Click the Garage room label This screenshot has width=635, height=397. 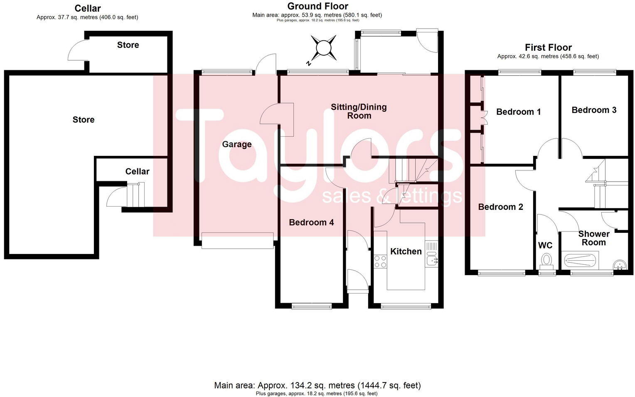[236, 144]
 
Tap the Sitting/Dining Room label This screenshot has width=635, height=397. [359, 111]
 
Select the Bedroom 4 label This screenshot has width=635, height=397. [311, 222]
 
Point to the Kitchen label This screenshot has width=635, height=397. [406, 252]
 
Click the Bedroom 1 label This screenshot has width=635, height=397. [518, 112]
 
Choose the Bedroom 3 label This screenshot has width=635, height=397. [593, 110]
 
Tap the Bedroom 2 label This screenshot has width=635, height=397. [500, 207]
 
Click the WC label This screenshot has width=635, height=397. [545, 245]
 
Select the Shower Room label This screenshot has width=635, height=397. [593, 238]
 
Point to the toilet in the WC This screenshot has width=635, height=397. [546, 261]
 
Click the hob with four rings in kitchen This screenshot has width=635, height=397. [380, 261]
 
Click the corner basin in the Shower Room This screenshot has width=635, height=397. [620, 264]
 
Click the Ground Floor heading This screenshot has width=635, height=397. [317, 6]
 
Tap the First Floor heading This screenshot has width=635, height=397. [548, 47]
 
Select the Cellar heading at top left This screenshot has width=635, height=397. [87, 8]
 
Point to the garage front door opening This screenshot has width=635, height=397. [238, 241]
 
